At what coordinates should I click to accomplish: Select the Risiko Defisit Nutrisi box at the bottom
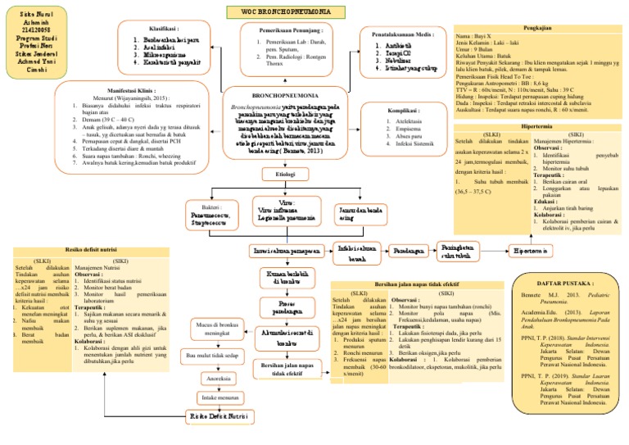(216, 418)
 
